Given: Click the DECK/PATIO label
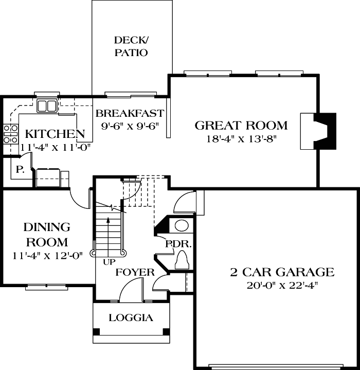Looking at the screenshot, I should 131,46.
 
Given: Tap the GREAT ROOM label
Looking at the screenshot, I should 241,125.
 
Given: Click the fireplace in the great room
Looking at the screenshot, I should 319,131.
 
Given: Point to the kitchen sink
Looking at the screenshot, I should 47,106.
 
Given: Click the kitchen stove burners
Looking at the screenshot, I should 9,134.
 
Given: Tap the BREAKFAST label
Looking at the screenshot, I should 130,113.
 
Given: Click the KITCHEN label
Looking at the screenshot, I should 55,134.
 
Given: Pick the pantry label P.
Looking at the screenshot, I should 20,169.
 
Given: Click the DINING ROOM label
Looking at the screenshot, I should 46,234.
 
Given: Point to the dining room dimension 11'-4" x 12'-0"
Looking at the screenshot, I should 46,255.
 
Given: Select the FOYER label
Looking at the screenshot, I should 135,272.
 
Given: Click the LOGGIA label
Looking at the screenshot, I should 131,318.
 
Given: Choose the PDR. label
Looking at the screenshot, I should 178,244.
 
